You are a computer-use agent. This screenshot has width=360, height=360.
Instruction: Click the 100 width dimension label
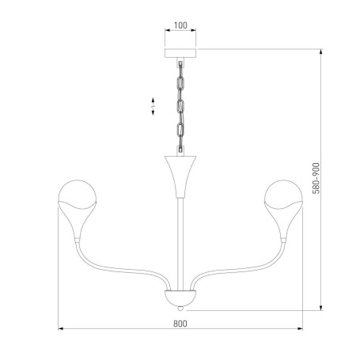click(180, 25)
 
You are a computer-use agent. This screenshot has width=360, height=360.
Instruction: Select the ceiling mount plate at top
click(180, 55)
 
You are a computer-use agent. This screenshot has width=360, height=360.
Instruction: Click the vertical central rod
click(181, 237)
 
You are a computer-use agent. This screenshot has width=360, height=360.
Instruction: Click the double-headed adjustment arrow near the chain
click(152, 107)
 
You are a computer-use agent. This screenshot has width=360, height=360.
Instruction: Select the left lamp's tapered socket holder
click(77, 222)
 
